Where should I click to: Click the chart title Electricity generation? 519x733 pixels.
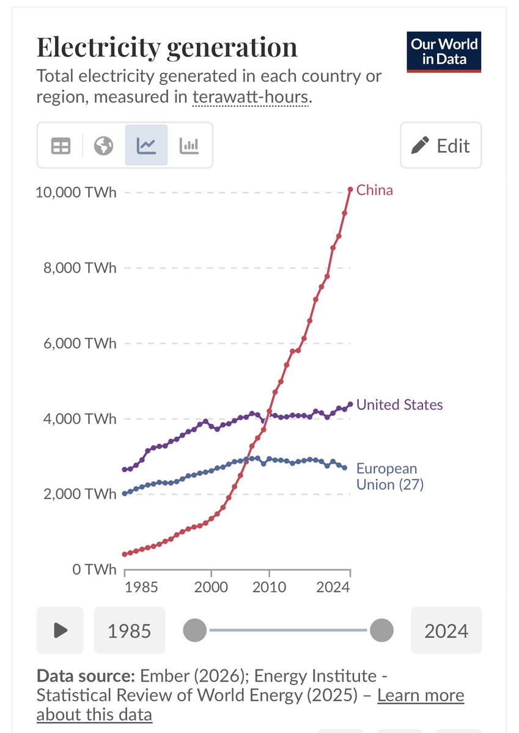pos(167,48)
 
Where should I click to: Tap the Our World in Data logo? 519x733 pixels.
pos(444,51)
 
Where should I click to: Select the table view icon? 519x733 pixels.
pos(61,145)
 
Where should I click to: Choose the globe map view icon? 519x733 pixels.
pos(103,145)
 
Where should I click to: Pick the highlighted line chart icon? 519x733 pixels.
pos(146,145)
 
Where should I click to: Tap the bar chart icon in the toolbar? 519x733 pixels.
pos(189,145)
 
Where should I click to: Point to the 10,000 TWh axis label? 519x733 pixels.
pos(76,192)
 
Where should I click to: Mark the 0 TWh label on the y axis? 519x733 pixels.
pos(92,569)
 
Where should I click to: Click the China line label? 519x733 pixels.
pos(375,190)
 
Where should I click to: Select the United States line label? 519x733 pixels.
pos(399,404)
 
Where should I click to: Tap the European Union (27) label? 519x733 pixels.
pos(389,477)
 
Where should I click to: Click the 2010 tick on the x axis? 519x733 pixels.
pos(269,587)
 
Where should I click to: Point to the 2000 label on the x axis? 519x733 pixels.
pos(211,587)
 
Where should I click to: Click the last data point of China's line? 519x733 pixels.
pos(350,189)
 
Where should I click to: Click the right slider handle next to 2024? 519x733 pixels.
pos(381,630)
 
